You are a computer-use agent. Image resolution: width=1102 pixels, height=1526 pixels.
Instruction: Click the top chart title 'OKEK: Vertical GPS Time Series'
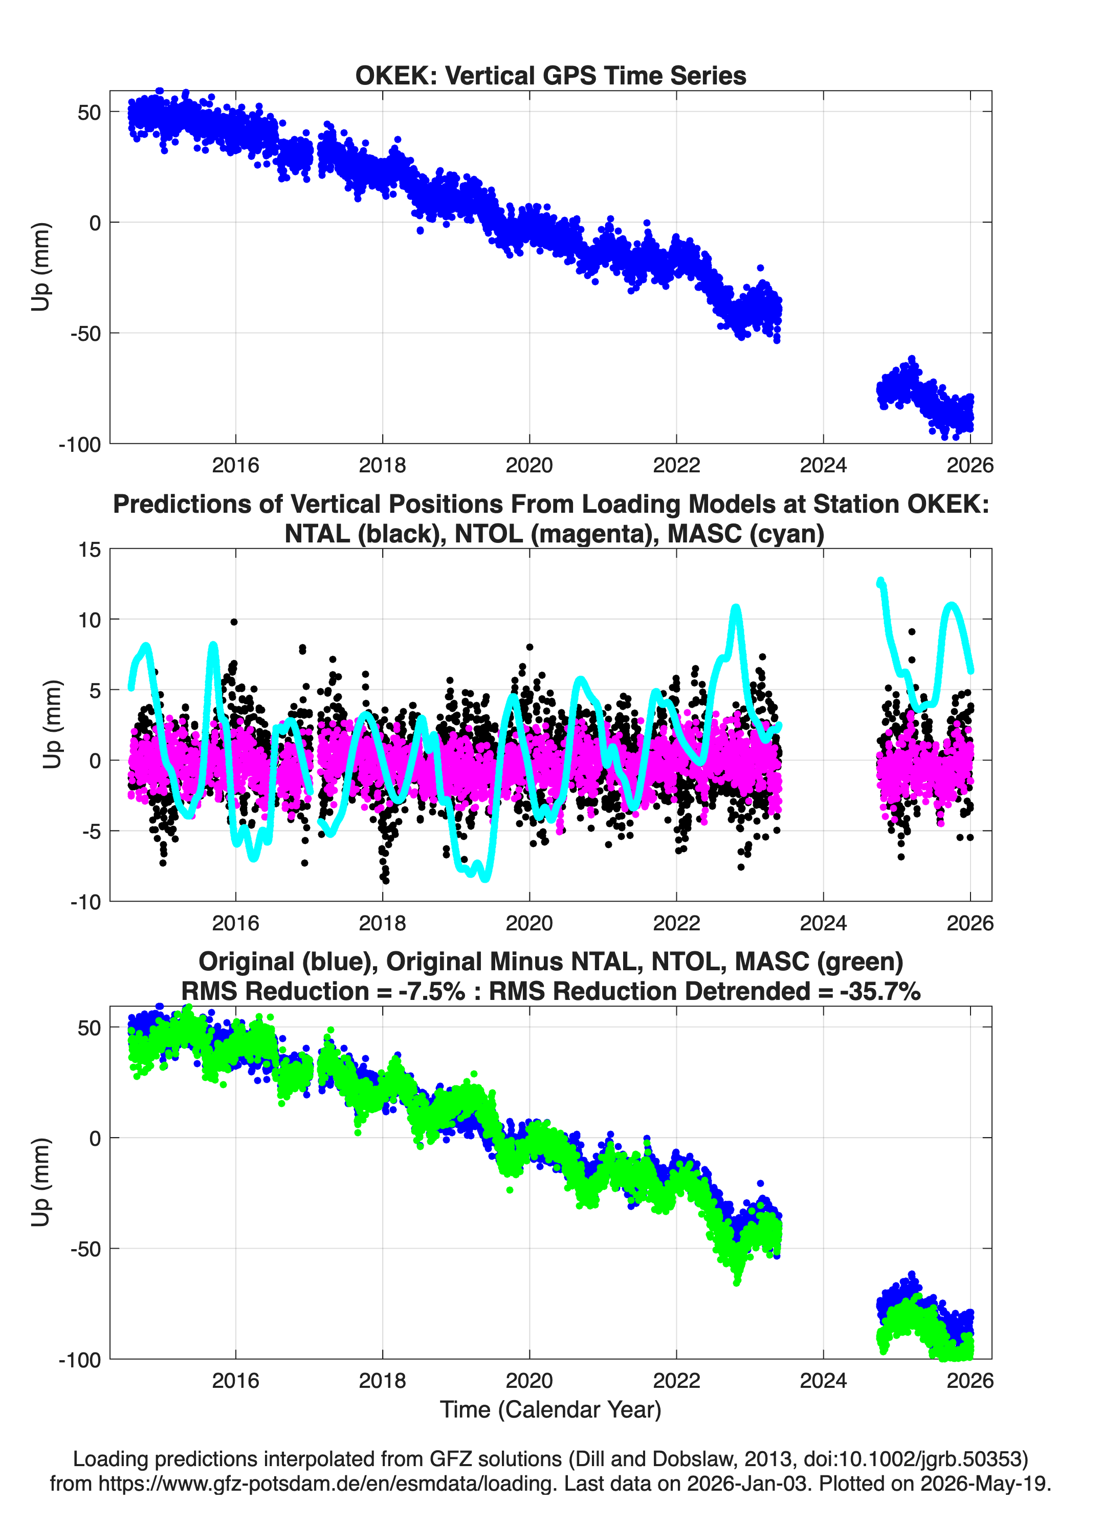pos(550,76)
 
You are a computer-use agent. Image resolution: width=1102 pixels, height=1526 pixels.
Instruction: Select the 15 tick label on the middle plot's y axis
pos(90,550)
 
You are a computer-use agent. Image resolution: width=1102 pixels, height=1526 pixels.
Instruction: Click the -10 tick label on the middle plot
pos(85,902)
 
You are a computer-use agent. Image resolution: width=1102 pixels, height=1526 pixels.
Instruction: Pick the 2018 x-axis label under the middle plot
pos(382,923)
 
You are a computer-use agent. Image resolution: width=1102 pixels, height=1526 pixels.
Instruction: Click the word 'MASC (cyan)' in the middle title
pos(745,534)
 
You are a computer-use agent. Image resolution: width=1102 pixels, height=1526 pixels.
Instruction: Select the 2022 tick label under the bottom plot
pos(676,1380)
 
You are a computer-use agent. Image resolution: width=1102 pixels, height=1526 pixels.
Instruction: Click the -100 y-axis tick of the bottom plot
pos(80,1360)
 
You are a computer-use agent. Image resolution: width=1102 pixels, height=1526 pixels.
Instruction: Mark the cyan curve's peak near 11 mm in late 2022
pos(735,608)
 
